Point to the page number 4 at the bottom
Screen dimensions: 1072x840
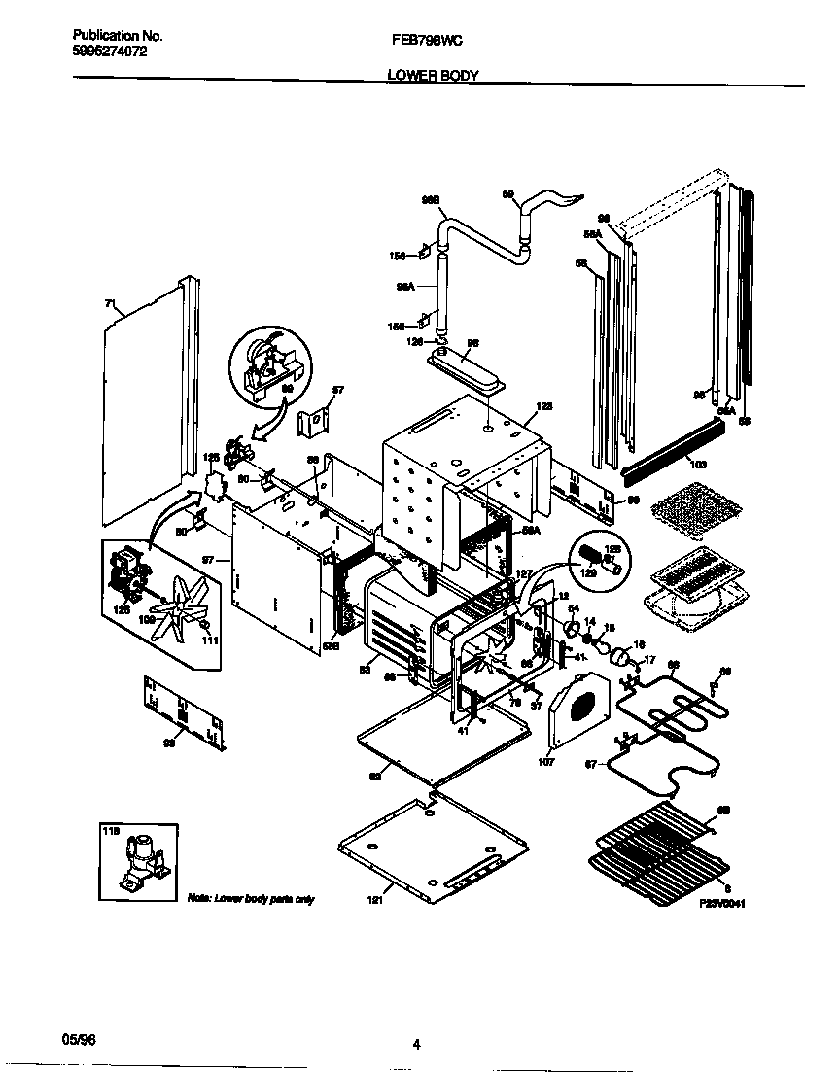416,1045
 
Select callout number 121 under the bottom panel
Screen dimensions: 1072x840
375,900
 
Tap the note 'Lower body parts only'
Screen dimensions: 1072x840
251,899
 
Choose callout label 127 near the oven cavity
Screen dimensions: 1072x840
521,573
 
